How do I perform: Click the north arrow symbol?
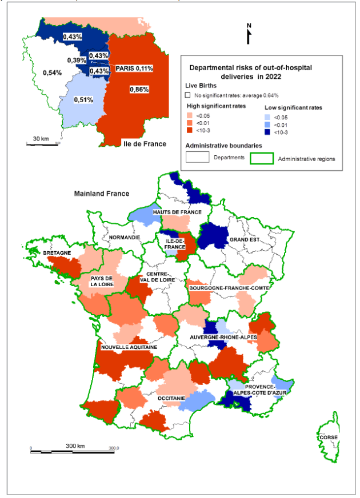pyautogui.click(x=249, y=34)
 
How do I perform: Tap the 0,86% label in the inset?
pyautogui.click(x=139, y=90)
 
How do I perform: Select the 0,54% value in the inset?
pyautogui.click(x=52, y=73)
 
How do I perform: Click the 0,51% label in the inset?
pyautogui.click(x=83, y=99)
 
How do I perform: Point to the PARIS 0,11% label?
pyautogui.click(x=134, y=69)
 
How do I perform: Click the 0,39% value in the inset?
pyautogui.click(x=77, y=61)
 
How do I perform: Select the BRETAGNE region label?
pyautogui.click(x=57, y=252)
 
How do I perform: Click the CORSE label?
pyautogui.click(x=329, y=438)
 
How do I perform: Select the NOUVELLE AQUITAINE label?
pyautogui.click(x=125, y=347)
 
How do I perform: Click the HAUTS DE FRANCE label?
pyautogui.click(x=177, y=212)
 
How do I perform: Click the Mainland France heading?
pyautogui.click(x=102, y=194)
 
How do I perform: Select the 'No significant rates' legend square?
pyautogui.click(x=187, y=95)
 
